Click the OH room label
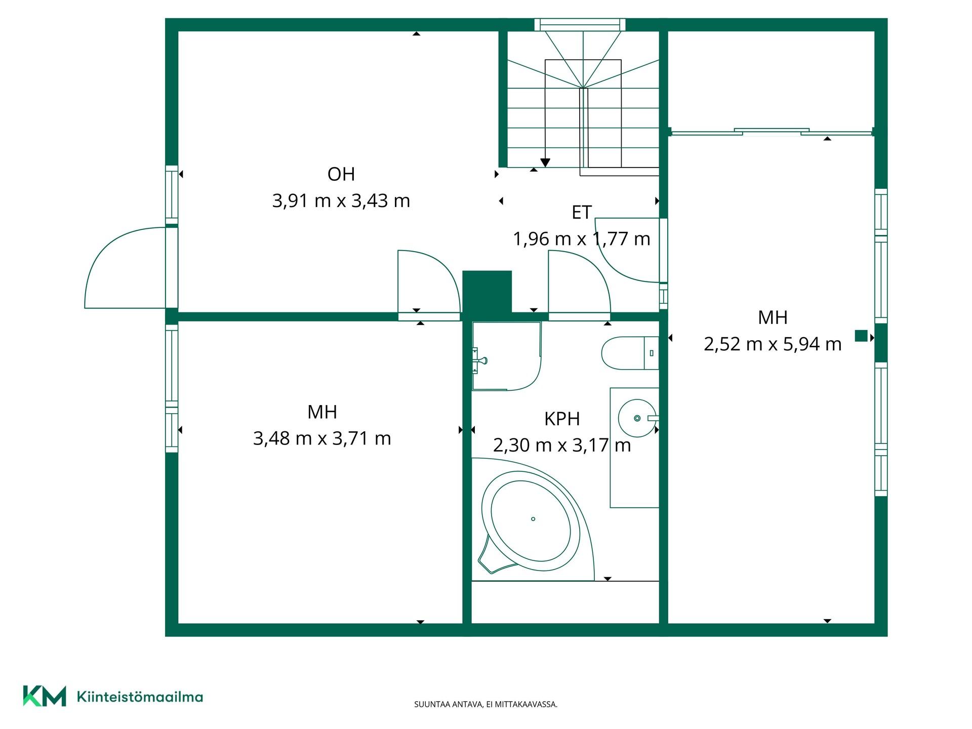coord(341,174)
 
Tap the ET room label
coord(582,213)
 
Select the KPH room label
coord(562,419)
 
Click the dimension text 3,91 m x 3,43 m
coord(341,201)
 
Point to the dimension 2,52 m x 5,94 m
coord(773,344)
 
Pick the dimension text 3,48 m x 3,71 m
coord(322,438)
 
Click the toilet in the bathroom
coord(630,353)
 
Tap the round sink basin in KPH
coord(637,418)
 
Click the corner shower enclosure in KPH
coord(506,356)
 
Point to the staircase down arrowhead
coord(545,163)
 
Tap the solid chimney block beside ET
coord(487,292)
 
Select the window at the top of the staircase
coord(580,25)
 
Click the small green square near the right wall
coord(861,336)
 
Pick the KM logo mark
coord(45,696)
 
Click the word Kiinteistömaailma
coord(140,697)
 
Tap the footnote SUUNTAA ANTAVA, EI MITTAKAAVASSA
coord(485,704)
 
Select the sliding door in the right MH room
coord(771,132)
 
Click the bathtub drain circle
coord(533,519)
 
